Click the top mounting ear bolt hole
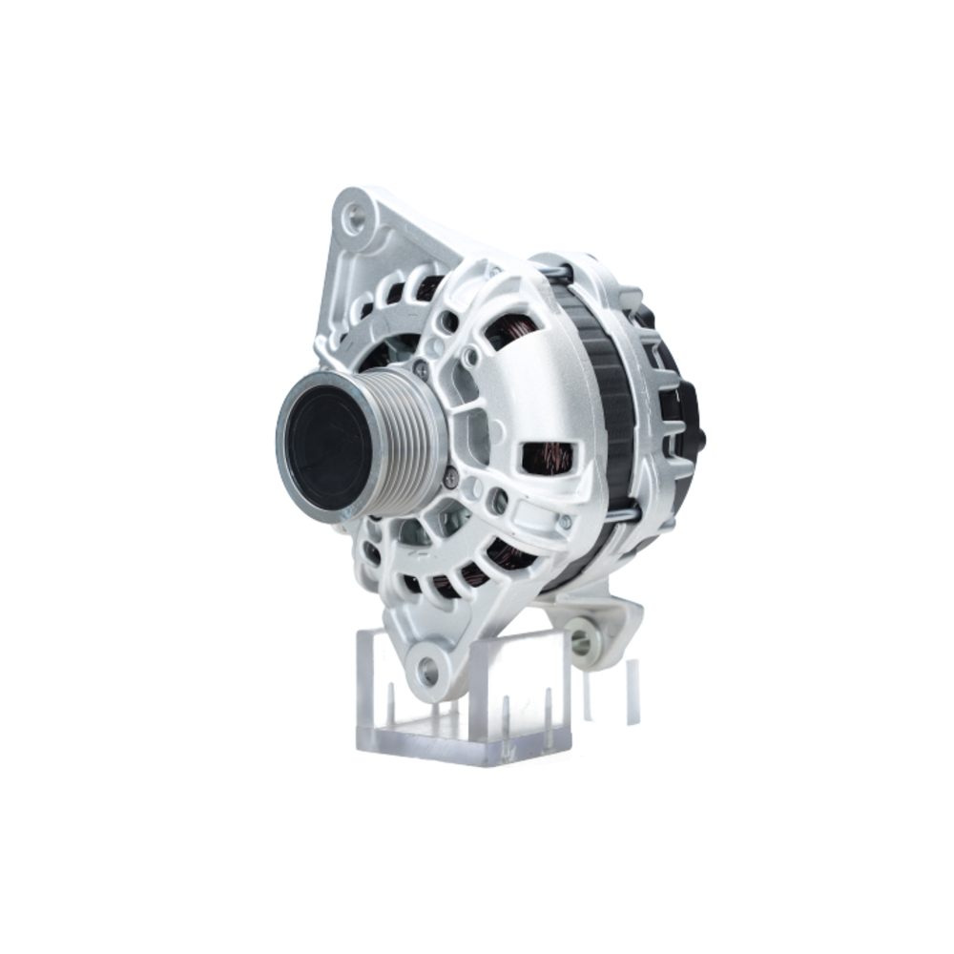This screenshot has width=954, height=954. coord(355,218)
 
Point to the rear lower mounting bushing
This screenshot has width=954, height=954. coord(581,642)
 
